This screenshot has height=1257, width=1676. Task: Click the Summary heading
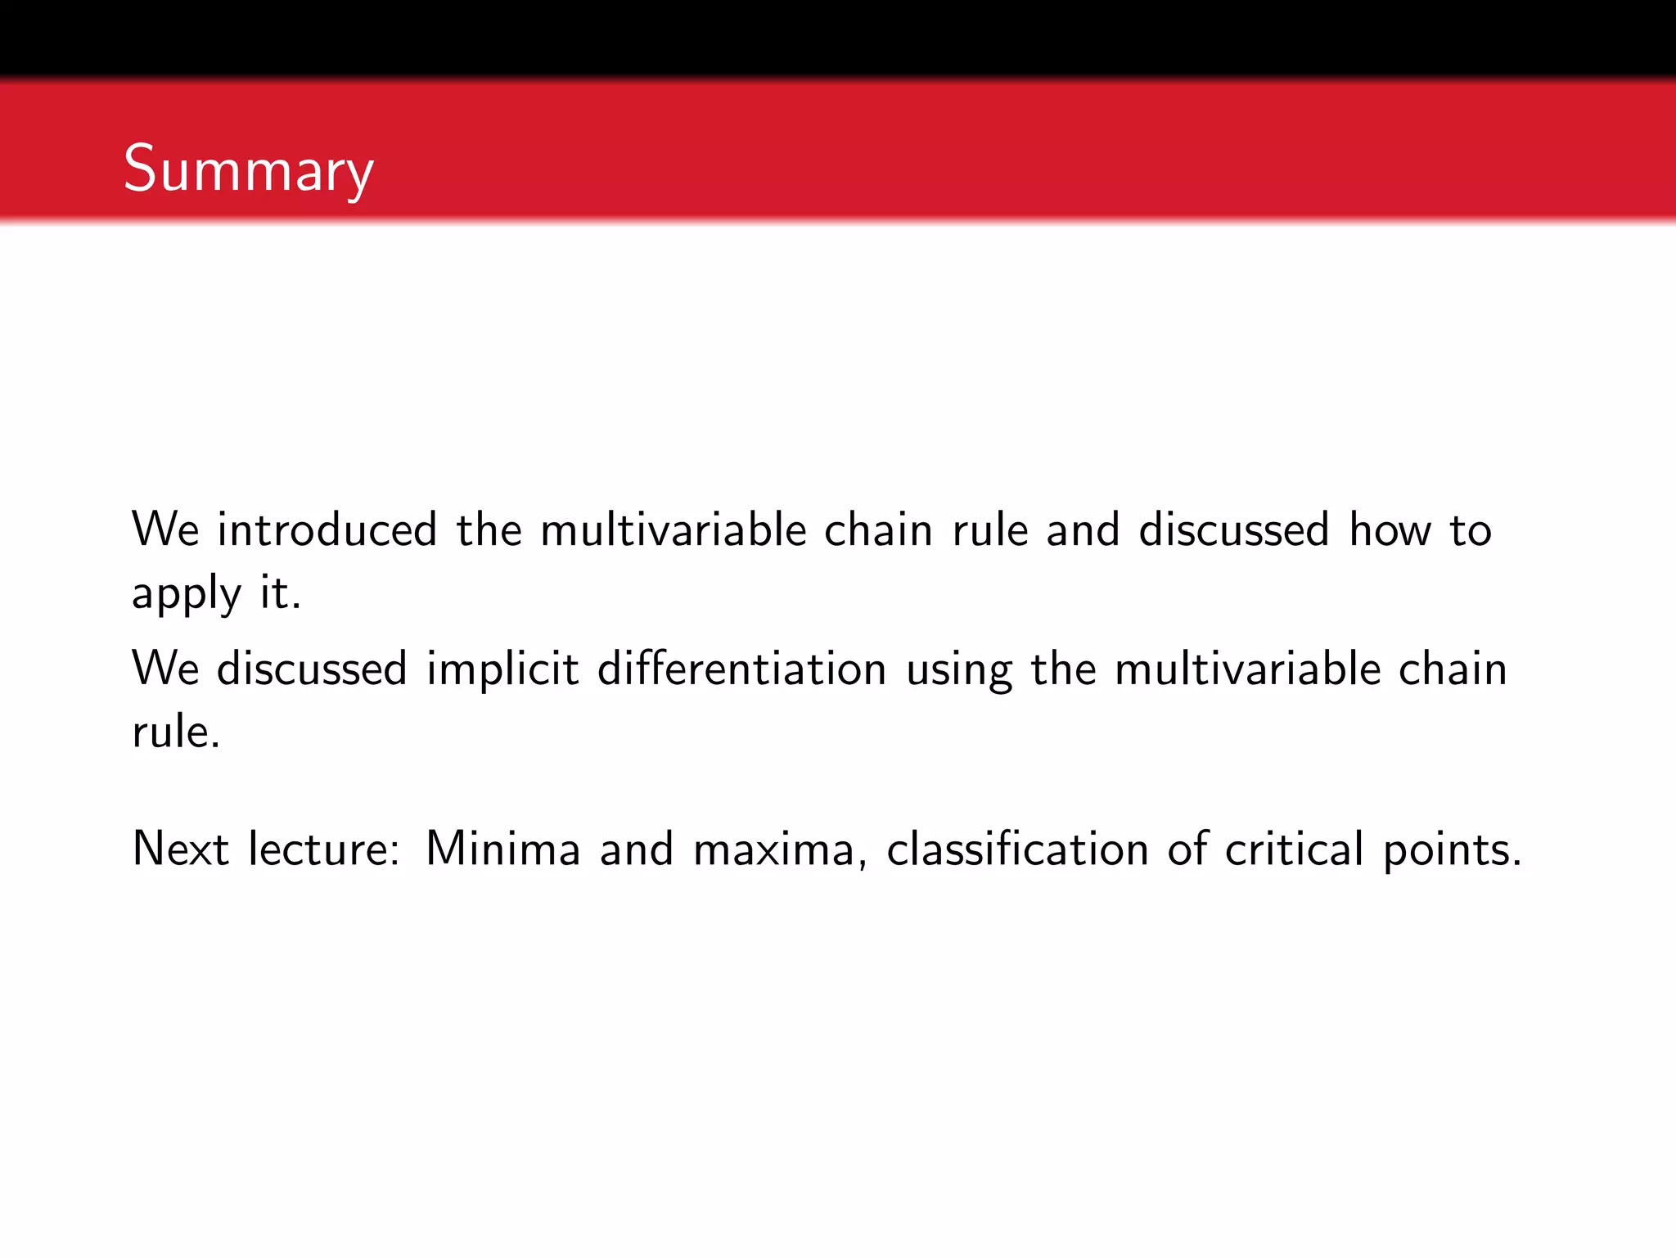[249, 169]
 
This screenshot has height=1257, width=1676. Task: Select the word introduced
[327, 530]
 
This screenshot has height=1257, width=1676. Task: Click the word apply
[187, 594]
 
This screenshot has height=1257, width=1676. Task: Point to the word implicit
[502, 669]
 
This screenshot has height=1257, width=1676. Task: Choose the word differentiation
[742, 669]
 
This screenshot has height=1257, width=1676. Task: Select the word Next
[180, 849]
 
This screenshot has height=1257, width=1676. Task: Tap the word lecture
[323, 849]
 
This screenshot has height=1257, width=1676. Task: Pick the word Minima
[502, 849]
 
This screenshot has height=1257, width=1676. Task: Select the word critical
[1294, 849]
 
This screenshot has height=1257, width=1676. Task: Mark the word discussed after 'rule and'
[1233, 530]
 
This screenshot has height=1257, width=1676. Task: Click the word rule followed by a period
[175, 732]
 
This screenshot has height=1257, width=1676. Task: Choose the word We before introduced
[165, 530]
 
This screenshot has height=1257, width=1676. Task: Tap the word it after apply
[279, 592]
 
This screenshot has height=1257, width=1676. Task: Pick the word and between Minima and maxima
[637, 849]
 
